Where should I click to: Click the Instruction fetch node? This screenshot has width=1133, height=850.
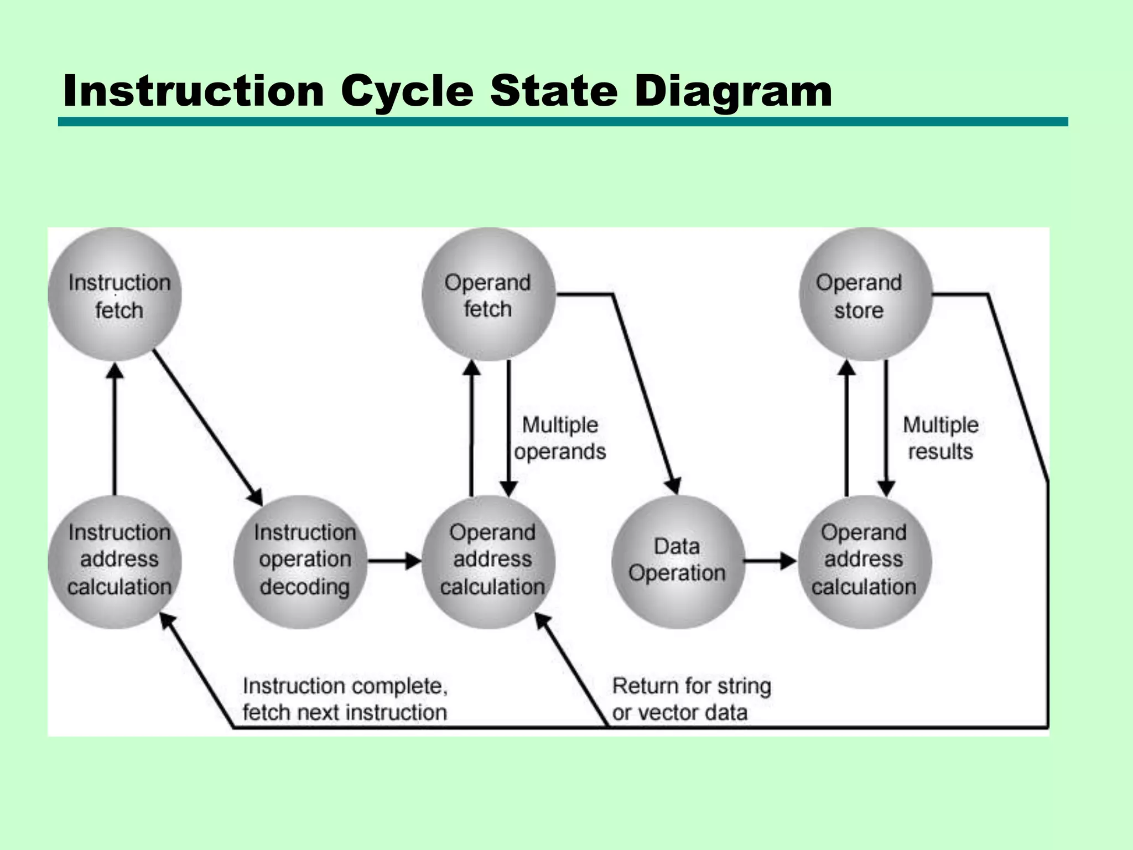tap(115, 294)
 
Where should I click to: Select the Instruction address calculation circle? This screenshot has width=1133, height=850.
tap(115, 561)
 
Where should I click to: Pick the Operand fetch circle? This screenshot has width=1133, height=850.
tap(488, 294)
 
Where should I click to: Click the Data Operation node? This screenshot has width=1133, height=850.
tap(677, 561)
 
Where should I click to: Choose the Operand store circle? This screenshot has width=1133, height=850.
tap(865, 294)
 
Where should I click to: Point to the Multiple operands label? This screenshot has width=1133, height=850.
tap(560, 438)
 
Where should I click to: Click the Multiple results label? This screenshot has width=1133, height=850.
tap(940, 438)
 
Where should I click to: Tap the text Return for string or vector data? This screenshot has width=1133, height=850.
tap(692, 699)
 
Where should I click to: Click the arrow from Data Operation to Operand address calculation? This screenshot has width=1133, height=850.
tap(770, 561)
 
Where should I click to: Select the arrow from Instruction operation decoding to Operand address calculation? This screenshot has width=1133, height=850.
tap(394, 561)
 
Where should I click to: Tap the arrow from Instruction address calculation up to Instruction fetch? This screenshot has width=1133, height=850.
tap(115, 432)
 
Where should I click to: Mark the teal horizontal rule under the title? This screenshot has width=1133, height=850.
tap(562, 122)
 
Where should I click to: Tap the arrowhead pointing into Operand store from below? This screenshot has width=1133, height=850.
tap(846, 367)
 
